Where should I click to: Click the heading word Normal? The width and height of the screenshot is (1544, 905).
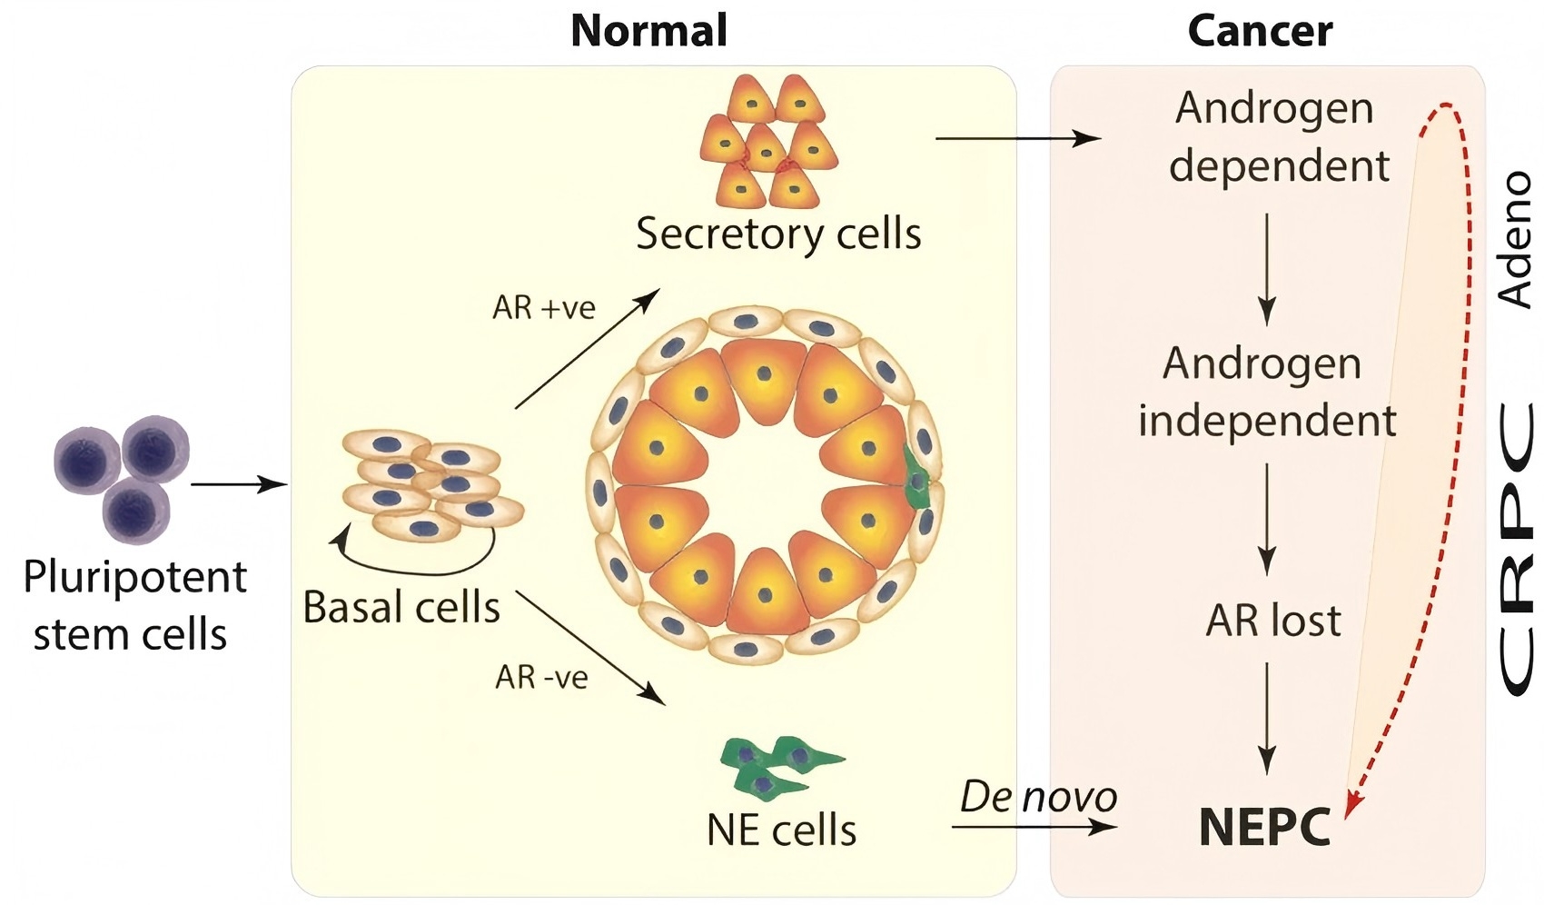coord(648,31)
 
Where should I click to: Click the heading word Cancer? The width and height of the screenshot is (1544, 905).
coord(1260,31)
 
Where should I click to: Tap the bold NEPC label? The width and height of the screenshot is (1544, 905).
coord(1265,826)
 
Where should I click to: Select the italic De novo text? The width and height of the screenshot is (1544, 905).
coord(1038,798)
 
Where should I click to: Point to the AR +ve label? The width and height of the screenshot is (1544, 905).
coord(543,308)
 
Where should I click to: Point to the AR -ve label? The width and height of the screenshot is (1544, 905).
coord(541,677)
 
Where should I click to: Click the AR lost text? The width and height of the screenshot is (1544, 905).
coord(1273,620)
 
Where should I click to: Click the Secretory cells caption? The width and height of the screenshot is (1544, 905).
coord(778,234)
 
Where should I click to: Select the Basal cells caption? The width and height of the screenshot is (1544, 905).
coord(401,607)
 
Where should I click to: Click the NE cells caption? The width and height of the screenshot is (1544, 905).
coord(782,830)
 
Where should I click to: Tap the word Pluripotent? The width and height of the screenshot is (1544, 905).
coord(135,578)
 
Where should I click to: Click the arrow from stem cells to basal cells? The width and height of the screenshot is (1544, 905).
coord(239,485)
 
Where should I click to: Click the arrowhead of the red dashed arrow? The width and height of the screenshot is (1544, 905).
coord(1353,807)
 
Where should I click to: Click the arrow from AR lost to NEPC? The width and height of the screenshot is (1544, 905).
coord(1267,719)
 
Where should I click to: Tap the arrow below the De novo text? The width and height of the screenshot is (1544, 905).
coord(1034,826)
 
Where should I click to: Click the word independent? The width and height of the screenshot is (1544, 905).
coord(1267,421)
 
